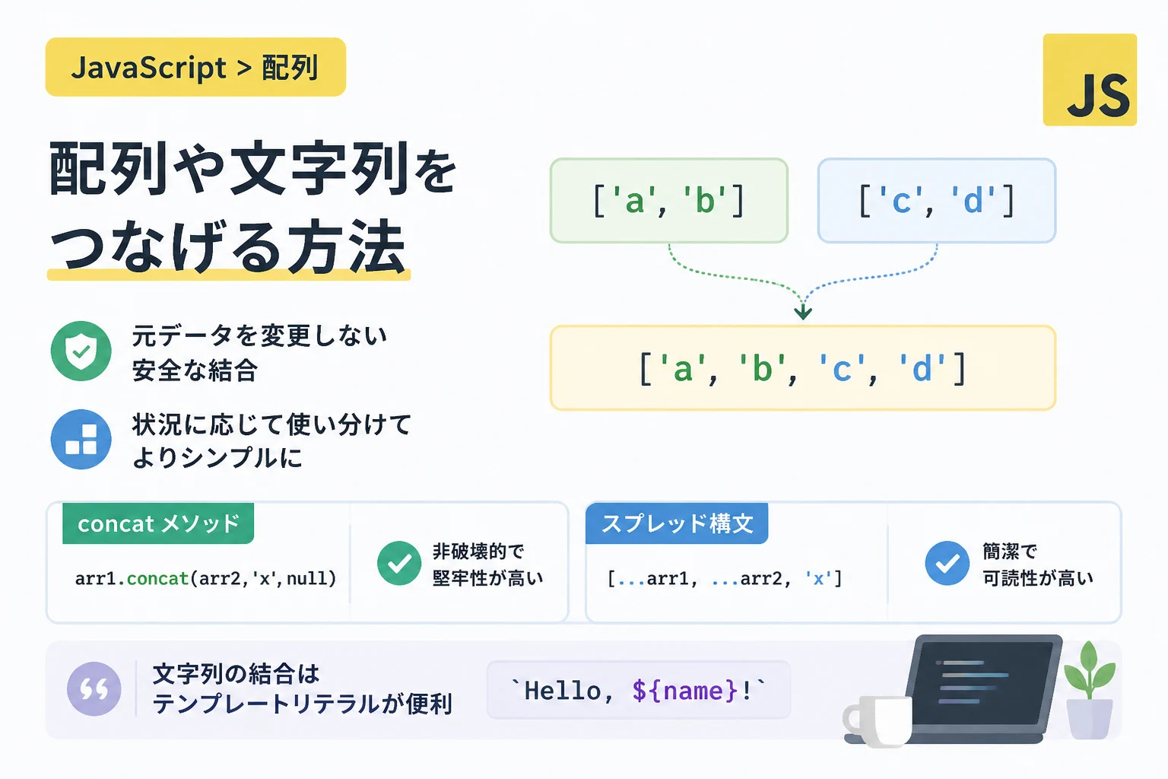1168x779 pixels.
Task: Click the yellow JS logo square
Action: point(1090,80)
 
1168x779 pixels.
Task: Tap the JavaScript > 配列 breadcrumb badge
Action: point(195,67)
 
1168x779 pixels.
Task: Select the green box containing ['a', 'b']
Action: point(669,201)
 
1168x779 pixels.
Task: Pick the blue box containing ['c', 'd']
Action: point(937,201)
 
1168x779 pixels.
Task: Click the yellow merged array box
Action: point(803,368)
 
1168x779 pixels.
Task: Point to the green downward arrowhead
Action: point(803,312)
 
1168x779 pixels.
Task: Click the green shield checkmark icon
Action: point(81,351)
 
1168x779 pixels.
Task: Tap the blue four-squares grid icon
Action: point(81,440)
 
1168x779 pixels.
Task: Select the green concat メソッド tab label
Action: point(158,523)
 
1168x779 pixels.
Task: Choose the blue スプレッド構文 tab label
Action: point(677,523)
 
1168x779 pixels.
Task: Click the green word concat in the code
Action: point(157,579)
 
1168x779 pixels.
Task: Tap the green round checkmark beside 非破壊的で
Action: point(399,563)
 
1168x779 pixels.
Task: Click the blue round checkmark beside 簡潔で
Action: point(947,563)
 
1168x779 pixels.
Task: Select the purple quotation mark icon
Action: point(94,688)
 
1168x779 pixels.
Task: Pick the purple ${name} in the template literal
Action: point(685,691)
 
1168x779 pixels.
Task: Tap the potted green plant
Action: point(1089,690)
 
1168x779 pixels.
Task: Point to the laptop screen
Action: point(985,681)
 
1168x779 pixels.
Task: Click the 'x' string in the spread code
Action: point(818,579)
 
